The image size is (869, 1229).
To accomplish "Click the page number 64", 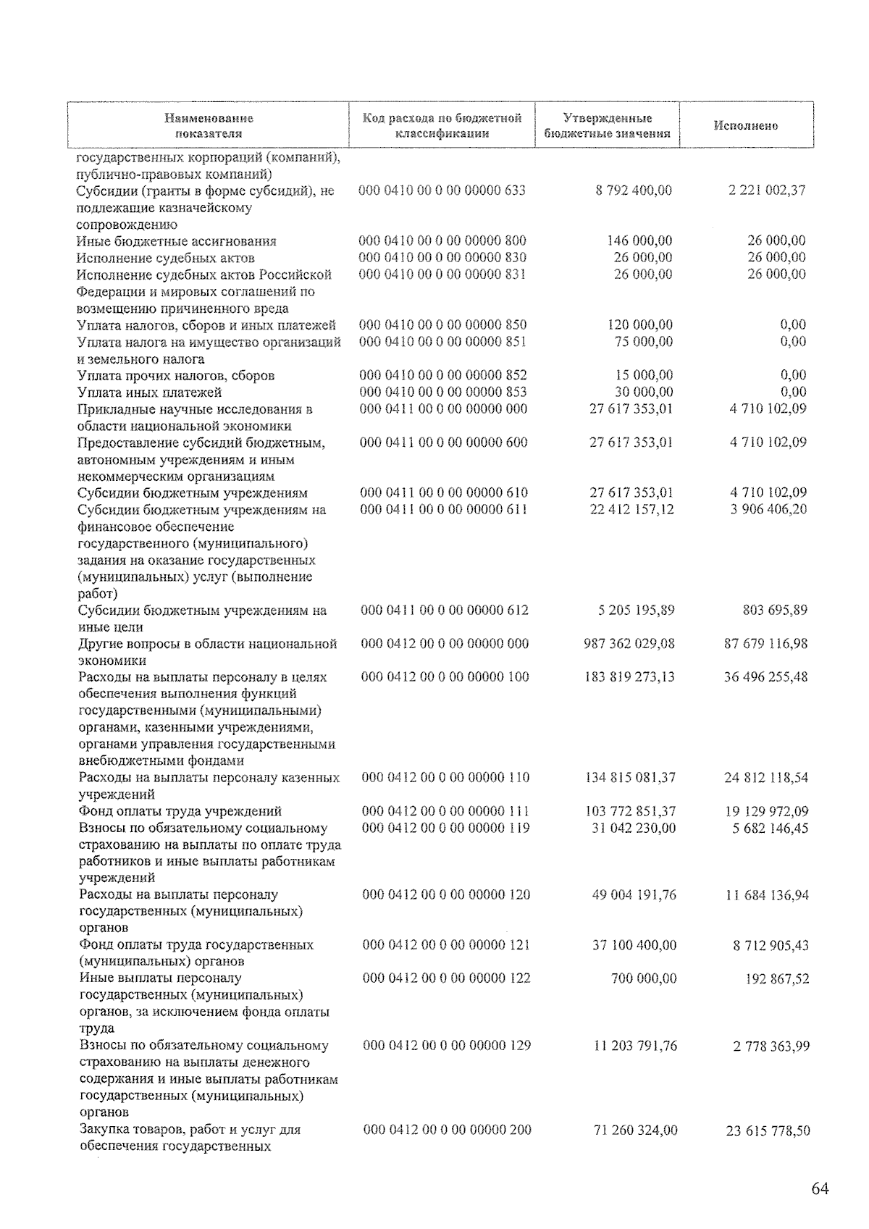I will pos(820,1189).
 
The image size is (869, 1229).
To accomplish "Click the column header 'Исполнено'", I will pos(746,126).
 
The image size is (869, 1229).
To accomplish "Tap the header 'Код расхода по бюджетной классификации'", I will pos(442,126).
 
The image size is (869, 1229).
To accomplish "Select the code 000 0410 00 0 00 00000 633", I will pos(442,190).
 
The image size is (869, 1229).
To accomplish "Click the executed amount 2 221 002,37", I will pos(767,190).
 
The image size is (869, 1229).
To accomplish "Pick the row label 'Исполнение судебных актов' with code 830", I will pos(166,258).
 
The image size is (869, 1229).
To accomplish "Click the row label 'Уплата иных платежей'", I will pos(150,393).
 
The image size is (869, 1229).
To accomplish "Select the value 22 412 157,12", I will pos(631,509).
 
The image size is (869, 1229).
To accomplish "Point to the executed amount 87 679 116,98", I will pos(765,644).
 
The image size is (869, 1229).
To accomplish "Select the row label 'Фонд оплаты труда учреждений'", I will pos(180,811).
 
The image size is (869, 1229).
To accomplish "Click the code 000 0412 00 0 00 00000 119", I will pos(445,828).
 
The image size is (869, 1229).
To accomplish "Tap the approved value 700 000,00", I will pos(642,978).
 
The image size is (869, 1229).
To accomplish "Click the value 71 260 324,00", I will pos(635,1130).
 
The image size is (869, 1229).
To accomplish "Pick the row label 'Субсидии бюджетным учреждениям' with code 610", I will pos(193,493).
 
